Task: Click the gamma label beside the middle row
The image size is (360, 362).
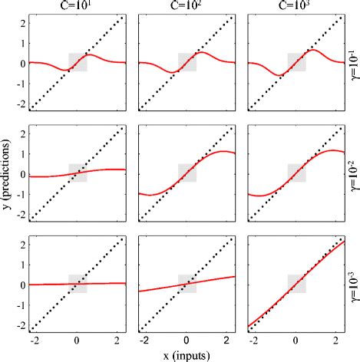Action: point(352,174)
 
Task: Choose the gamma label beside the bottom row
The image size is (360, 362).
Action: point(352,284)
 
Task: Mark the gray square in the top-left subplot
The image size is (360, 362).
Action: point(77,62)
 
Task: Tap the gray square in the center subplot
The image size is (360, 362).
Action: point(187,173)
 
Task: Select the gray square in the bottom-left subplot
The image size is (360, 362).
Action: point(77,283)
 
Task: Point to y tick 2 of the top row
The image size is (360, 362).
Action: point(22,23)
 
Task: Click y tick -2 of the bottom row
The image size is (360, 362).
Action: point(21,324)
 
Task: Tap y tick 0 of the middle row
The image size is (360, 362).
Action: point(22,173)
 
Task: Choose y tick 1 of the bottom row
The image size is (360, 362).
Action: point(22,264)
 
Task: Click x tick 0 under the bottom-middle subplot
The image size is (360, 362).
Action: point(184,338)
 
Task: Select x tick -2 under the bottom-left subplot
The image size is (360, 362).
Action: point(34,338)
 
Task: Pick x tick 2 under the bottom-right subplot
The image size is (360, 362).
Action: point(335,338)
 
